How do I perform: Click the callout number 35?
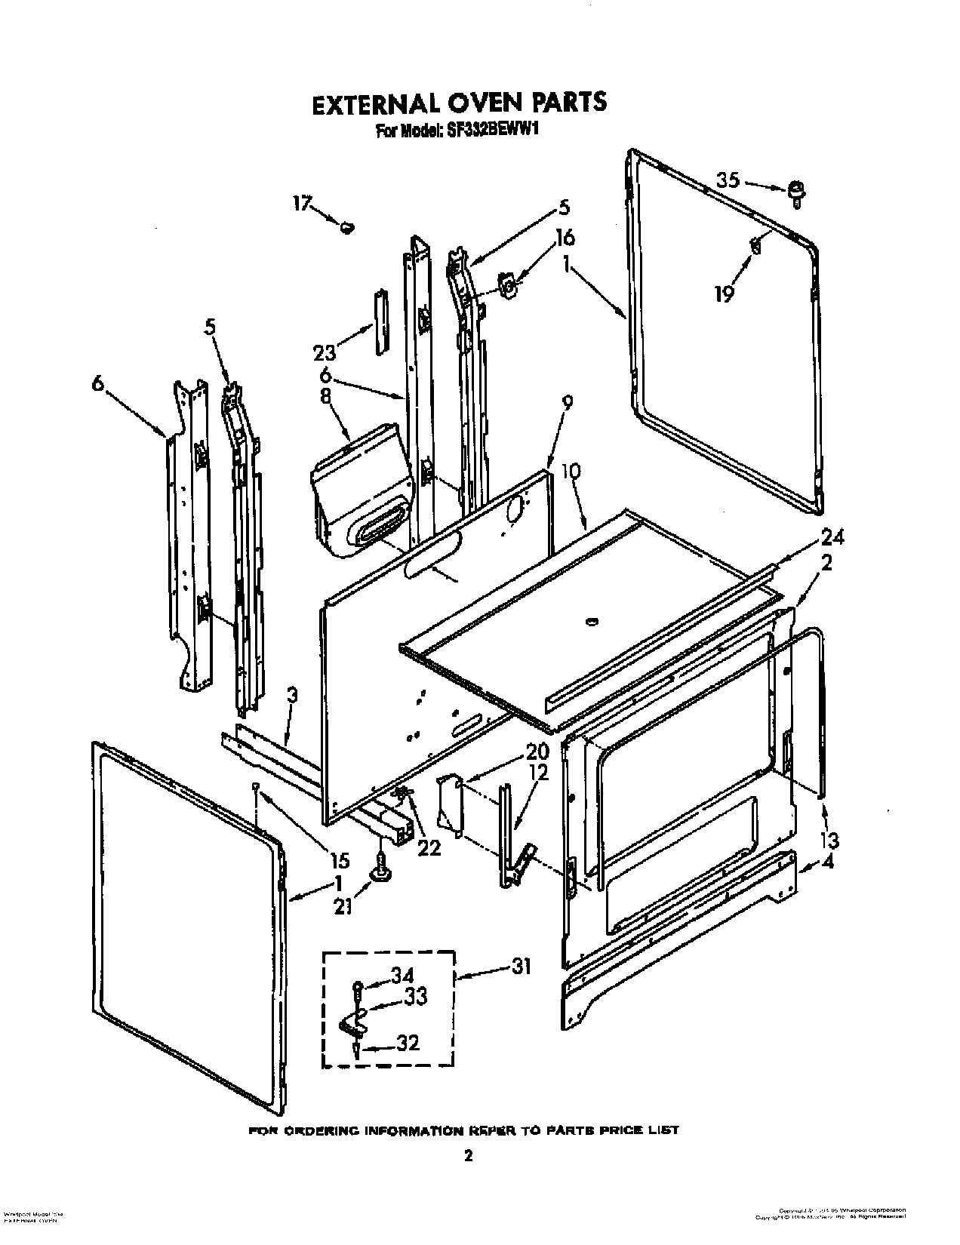(727, 180)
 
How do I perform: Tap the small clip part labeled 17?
(348, 226)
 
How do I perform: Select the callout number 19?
(724, 294)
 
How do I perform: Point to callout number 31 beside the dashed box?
(521, 966)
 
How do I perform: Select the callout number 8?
(326, 398)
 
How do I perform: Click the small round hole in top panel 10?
(591, 622)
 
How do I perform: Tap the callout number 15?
(340, 860)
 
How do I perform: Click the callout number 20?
(537, 752)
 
